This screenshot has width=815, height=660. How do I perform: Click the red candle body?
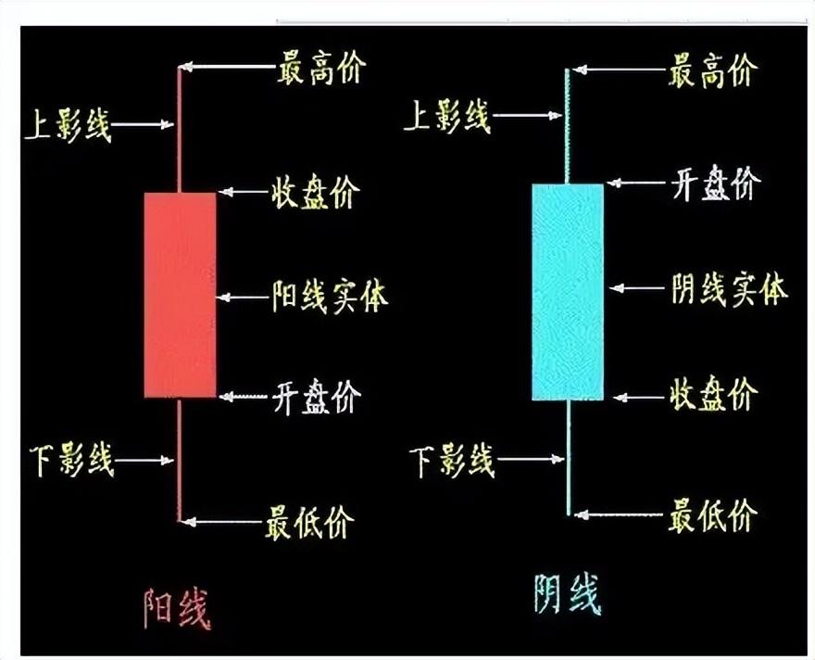point(180,295)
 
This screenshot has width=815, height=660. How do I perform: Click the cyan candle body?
point(568,292)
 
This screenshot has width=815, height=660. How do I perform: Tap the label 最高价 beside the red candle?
point(321,68)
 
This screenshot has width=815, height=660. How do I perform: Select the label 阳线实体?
point(330,298)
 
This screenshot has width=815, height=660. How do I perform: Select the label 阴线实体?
point(729,289)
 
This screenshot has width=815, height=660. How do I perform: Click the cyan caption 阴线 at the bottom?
point(568,594)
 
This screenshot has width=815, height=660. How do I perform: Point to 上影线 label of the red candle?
point(67,123)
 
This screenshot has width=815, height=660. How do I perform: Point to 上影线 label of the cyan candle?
point(448,117)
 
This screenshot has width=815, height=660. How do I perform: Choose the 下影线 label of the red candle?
point(69,459)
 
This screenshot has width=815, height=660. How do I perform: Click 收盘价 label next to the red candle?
point(315,192)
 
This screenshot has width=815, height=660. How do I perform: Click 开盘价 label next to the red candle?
point(315,397)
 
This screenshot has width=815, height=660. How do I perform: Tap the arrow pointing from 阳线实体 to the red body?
point(243,298)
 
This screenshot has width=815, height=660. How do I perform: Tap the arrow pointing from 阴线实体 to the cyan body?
point(637,289)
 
